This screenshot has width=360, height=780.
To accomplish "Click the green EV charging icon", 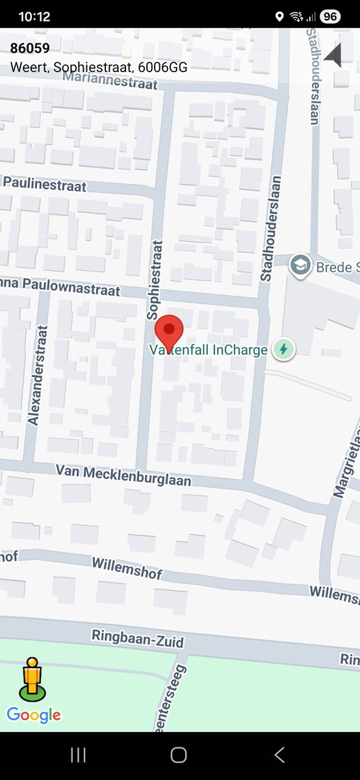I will click(283, 350).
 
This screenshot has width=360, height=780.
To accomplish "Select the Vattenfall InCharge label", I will click(209, 350).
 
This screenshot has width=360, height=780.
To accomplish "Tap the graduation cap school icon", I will click(300, 266).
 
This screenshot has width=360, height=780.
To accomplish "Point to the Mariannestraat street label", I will click(110, 81).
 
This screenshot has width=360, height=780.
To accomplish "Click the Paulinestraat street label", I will click(45, 184).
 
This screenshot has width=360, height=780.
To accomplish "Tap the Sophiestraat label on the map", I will click(153, 279).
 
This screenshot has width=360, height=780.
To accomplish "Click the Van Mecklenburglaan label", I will click(123, 474).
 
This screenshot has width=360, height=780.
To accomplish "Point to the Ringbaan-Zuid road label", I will click(138, 638).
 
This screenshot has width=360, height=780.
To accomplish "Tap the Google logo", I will click(34, 716).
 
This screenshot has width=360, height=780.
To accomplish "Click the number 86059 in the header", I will click(30, 48).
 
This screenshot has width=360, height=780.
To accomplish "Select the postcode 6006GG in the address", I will click(167, 67).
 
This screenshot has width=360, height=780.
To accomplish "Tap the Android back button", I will click(279, 755).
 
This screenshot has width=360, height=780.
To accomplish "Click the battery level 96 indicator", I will click(330, 17).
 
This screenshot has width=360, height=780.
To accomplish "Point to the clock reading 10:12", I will click(34, 17).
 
